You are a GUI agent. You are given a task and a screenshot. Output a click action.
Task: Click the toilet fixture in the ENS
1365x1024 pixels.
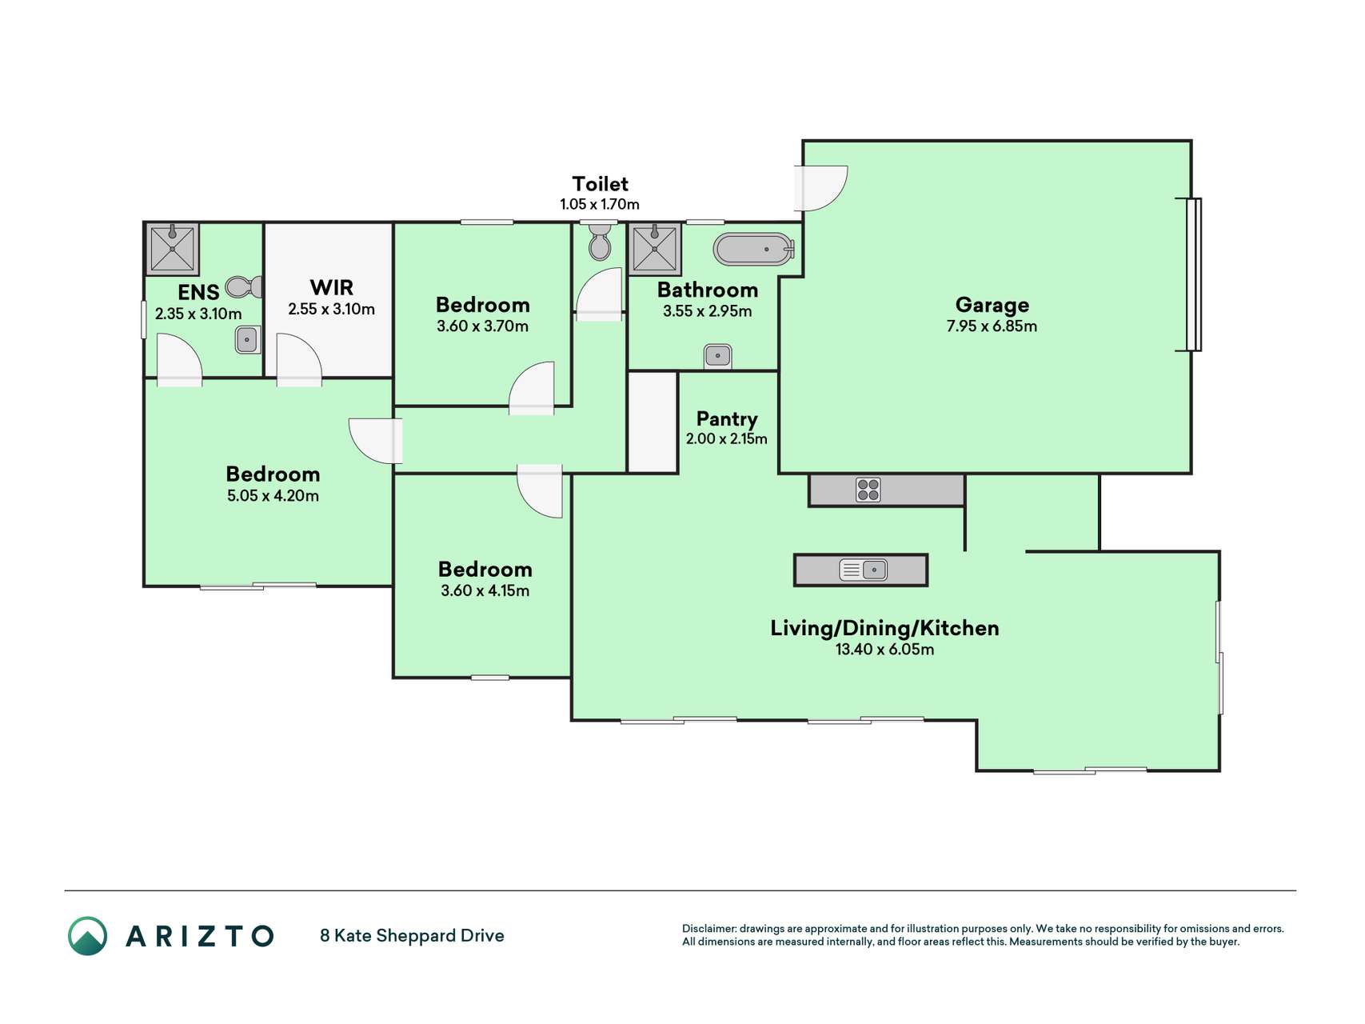tap(244, 286)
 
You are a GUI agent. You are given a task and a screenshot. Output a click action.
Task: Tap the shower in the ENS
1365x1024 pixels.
tap(172, 249)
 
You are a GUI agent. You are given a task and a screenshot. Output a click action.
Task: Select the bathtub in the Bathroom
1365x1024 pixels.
tap(753, 250)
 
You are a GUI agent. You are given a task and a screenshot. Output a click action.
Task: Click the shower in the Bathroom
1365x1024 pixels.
tap(655, 249)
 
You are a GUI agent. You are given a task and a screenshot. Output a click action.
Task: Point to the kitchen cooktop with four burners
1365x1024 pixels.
tap(868, 490)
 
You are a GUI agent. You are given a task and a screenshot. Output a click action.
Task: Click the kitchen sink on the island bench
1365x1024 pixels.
tap(863, 570)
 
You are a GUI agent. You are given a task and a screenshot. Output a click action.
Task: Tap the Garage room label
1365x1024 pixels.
tap(992, 305)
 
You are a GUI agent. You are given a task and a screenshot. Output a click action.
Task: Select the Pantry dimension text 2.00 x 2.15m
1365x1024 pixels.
tap(726, 438)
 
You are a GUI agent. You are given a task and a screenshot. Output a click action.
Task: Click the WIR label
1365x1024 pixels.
tap(331, 287)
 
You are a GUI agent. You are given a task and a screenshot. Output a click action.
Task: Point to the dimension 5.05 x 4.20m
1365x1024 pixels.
tap(273, 495)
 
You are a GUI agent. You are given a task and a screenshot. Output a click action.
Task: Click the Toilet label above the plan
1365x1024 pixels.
tap(600, 184)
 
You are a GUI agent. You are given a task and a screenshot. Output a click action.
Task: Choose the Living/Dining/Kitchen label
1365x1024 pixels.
tap(884, 628)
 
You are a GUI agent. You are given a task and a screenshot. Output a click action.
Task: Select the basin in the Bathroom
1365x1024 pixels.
tap(717, 355)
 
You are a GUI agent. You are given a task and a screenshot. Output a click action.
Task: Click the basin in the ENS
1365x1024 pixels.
tap(247, 340)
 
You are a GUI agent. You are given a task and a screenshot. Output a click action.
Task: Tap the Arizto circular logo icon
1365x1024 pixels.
tap(87, 935)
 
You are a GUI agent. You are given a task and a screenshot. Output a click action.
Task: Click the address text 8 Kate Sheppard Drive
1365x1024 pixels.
tap(412, 935)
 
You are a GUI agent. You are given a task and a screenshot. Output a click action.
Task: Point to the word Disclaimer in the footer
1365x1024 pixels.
tap(708, 929)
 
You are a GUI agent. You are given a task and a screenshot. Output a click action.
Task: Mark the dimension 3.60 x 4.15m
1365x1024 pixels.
tap(485, 590)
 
